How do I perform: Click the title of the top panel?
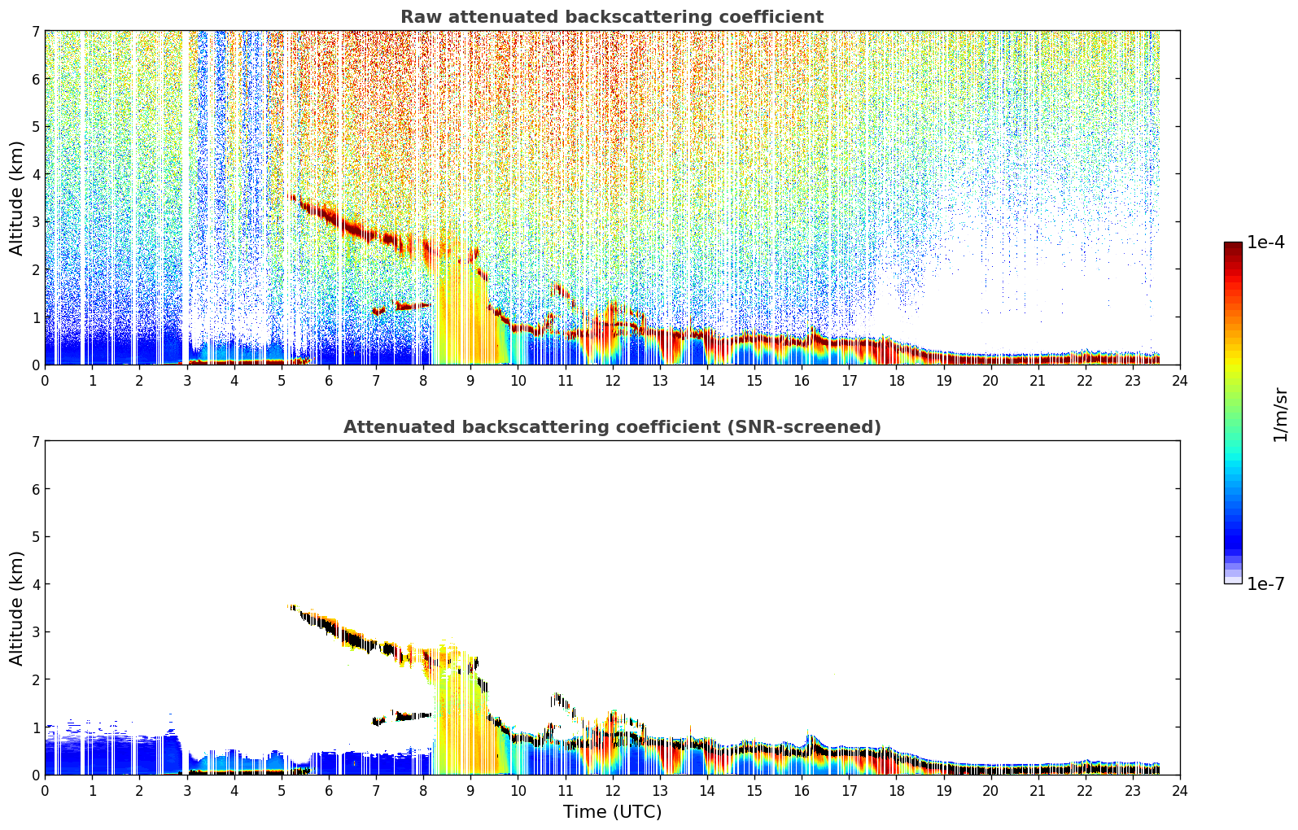tap(612, 17)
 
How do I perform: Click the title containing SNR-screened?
tap(612, 426)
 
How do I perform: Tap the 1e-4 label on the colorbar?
tap(1265, 242)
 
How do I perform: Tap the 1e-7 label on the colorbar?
tap(1265, 583)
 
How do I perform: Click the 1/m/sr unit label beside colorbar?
tap(1280, 416)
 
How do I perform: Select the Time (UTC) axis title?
tap(612, 812)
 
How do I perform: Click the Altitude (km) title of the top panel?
tap(16, 199)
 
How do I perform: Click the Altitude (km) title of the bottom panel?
tap(16, 608)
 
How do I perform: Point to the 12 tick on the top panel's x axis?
tap(613, 381)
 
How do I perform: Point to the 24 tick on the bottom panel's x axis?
tap(1180, 791)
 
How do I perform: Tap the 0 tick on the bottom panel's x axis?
tap(46, 791)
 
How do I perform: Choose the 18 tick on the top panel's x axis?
tap(897, 381)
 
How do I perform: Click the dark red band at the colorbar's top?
tap(1233, 246)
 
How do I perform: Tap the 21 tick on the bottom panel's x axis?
tap(1038, 791)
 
